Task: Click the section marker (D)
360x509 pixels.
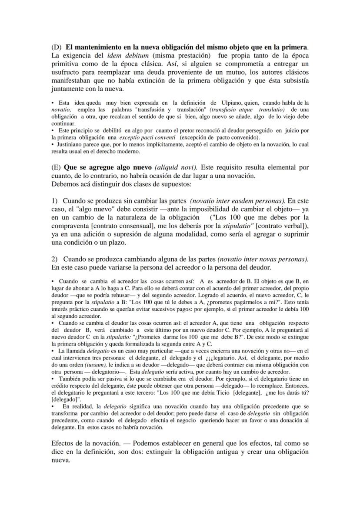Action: [x=57, y=47]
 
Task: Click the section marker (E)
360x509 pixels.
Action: [x=56, y=167]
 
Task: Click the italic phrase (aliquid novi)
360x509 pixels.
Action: [x=174, y=167]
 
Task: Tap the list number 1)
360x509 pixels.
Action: [x=55, y=201]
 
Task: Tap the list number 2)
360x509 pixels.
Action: [x=55, y=259]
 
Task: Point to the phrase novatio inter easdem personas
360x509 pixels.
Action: [x=237, y=201]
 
